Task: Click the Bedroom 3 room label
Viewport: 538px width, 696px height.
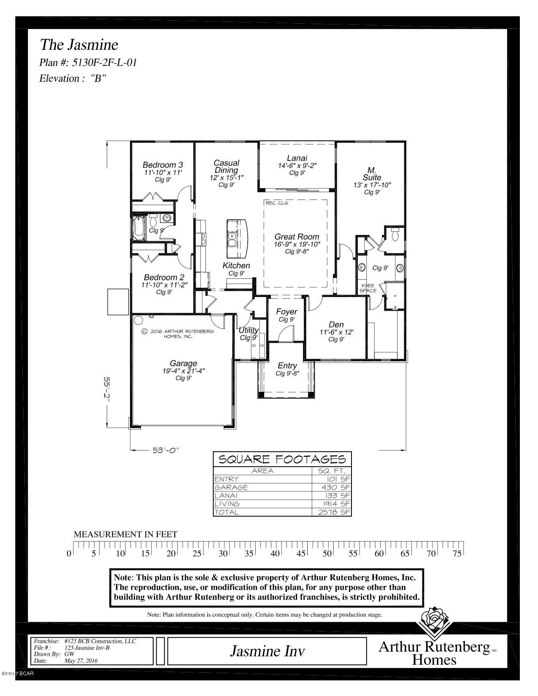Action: (x=162, y=165)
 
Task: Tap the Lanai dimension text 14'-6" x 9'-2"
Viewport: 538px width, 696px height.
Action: (x=297, y=166)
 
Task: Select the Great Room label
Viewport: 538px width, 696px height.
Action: (x=297, y=237)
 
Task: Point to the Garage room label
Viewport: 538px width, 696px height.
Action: (x=183, y=363)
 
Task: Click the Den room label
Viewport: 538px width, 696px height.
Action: (x=336, y=324)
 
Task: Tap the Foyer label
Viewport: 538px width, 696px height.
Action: (x=287, y=312)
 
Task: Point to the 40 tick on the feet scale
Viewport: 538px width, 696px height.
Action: (x=275, y=553)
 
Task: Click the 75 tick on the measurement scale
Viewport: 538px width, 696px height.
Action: (x=457, y=553)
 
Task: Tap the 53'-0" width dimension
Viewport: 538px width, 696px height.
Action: (x=165, y=450)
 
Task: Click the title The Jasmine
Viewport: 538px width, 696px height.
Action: (x=79, y=45)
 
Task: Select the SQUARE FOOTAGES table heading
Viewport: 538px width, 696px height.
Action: (x=282, y=459)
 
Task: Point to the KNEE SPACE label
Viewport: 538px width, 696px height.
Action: (x=368, y=288)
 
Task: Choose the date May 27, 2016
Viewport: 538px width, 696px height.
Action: (x=81, y=661)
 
